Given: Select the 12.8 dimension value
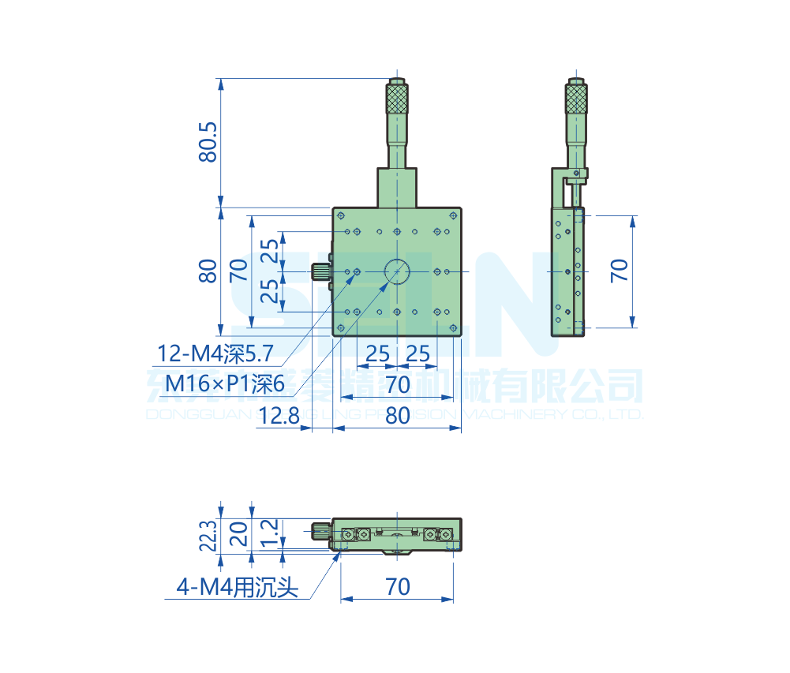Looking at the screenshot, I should point(279,415).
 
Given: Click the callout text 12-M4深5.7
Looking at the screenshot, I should point(215,354).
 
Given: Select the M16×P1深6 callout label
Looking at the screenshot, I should point(225,384).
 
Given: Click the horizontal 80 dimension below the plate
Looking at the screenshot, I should point(398,415).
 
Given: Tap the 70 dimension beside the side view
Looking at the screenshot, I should point(620,270).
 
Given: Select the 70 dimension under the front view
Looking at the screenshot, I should point(398,587).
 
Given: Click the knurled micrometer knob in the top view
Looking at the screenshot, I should point(397,98).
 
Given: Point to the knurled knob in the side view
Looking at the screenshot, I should point(576,99).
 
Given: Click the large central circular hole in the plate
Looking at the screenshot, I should point(397,271).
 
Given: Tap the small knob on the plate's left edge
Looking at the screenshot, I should point(321,271).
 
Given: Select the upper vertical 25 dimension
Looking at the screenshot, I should point(270,251).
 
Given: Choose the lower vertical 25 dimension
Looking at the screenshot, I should point(270,292).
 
